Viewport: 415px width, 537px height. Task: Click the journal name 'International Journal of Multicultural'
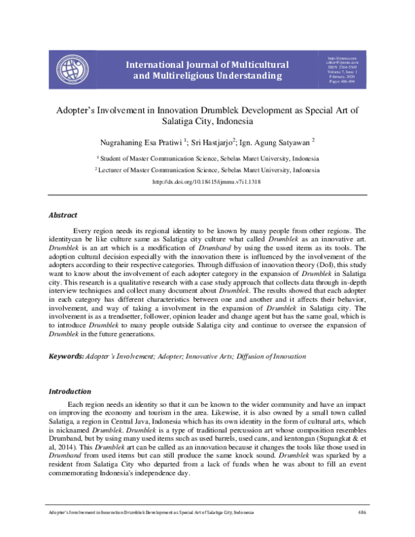point(207,64)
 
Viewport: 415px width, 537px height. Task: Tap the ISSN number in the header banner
point(340,68)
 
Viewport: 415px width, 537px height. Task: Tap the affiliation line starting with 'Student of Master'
point(207,158)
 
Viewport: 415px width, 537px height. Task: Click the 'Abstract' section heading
point(63,216)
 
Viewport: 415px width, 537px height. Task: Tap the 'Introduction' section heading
point(69,391)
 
